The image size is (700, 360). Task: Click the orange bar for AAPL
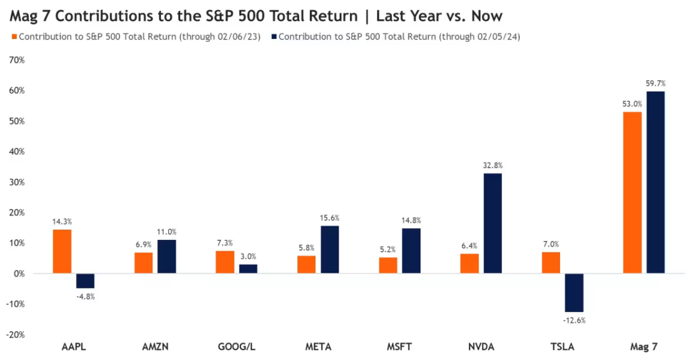click(62, 251)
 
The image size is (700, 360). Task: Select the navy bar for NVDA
click(492, 223)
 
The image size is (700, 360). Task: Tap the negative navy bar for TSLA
click(574, 292)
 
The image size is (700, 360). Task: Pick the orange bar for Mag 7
click(632, 193)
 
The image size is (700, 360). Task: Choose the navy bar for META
click(329, 249)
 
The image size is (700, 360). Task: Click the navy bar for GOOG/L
click(248, 269)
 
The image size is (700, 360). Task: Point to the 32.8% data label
click(492, 166)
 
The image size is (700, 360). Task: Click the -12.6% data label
click(574, 320)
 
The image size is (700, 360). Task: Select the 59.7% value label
click(656, 83)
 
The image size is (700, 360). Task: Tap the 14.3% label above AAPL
click(62, 221)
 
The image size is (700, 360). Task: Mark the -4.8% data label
click(85, 296)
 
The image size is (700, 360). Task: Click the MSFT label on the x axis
click(399, 347)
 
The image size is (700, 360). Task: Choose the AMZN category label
click(155, 347)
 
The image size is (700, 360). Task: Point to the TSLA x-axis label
click(562, 347)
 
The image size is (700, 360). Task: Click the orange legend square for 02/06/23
click(14, 37)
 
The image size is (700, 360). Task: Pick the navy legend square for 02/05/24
click(273, 37)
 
